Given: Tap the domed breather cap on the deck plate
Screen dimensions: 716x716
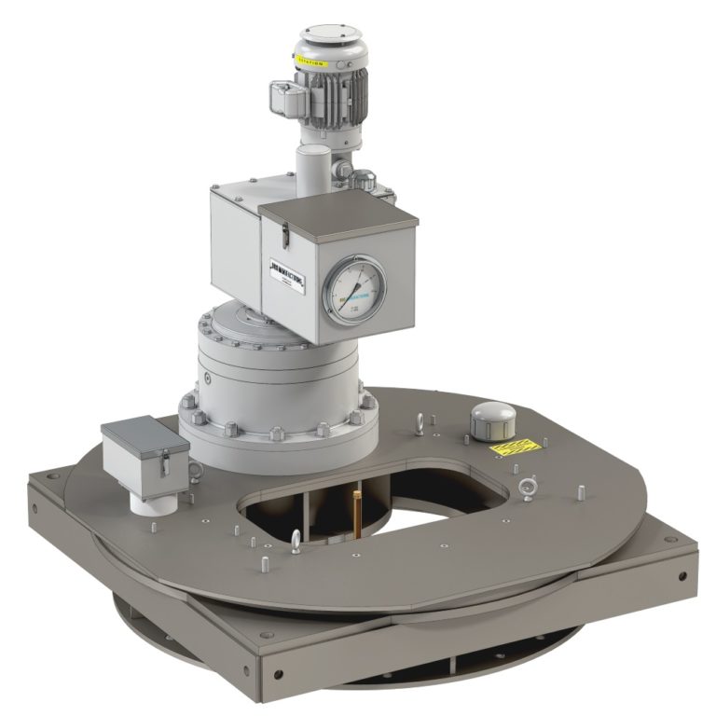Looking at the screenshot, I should pyautogui.click(x=490, y=420).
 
